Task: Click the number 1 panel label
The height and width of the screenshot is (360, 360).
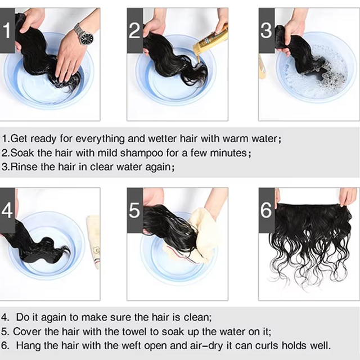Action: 7,30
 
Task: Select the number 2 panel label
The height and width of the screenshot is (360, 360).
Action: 135,30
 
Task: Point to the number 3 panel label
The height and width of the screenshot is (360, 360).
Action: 266,30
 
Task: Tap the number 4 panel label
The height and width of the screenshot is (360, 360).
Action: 7,210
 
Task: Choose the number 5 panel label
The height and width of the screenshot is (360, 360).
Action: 135,210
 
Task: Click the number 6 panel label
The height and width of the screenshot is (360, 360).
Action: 266,210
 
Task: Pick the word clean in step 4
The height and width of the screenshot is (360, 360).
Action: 197,317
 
